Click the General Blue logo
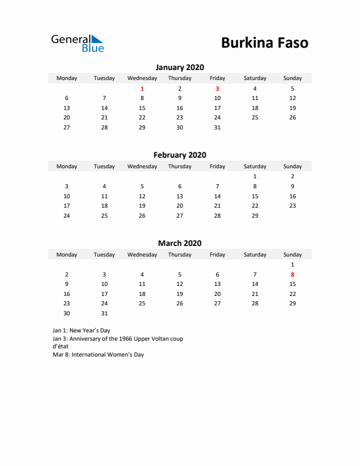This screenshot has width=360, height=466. point(77,43)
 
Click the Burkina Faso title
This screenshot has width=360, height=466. point(264,43)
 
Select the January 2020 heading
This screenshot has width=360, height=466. point(179,67)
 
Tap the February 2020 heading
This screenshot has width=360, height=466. point(179,155)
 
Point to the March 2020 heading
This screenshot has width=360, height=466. point(179,243)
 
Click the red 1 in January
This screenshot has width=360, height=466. point(142,88)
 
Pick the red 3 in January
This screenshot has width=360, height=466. point(217,88)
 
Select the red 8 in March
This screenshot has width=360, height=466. point(292,274)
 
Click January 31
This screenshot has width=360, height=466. point(217,127)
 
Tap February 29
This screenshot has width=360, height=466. point(255,215)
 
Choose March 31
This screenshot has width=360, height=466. point(104,313)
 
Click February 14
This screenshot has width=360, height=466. point(217,196)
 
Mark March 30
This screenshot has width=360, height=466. point(66,313)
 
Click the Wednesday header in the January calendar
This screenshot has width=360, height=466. point(142,78)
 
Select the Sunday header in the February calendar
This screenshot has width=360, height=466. point(292,166)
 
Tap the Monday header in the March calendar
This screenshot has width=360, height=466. point(66,254)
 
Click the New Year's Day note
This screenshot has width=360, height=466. point(81,331)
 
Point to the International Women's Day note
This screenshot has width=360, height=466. point(98,355)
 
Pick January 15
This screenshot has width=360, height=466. point(142,108)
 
